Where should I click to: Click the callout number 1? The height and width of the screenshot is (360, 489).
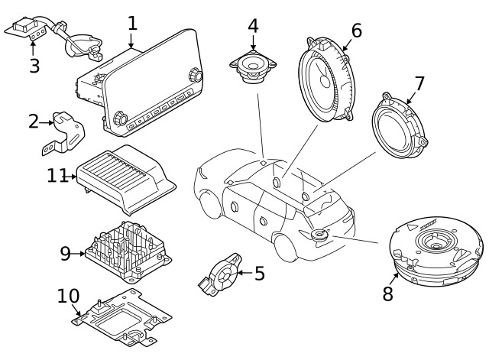click(132, 22)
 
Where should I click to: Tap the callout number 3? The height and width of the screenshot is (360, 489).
click(34, 66)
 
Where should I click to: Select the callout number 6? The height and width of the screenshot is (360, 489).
click(356, 31)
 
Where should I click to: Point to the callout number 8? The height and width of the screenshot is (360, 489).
click(388, 294)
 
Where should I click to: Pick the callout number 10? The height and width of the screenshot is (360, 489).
click(68, 296)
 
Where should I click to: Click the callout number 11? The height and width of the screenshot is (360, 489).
click(57, 176)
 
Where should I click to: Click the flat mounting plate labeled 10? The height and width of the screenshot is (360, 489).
click(122, 317)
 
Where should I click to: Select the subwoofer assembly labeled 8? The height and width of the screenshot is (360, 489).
click(436, 252)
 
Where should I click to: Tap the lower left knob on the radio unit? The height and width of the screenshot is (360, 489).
click(120, 118)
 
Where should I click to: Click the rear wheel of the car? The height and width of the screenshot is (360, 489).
click(284, 248)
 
